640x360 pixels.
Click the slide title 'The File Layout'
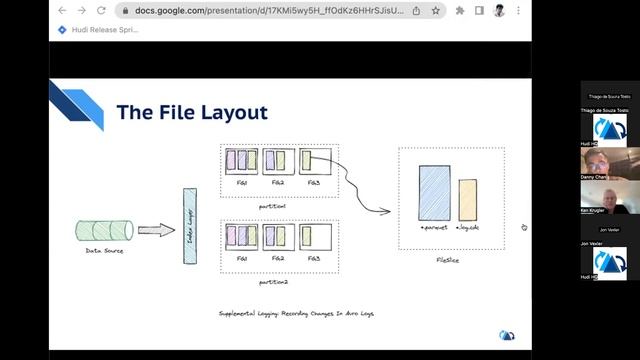192,112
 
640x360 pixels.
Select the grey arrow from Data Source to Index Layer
156,230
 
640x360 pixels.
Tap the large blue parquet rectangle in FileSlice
434,193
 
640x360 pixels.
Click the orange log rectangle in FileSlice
468,199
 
